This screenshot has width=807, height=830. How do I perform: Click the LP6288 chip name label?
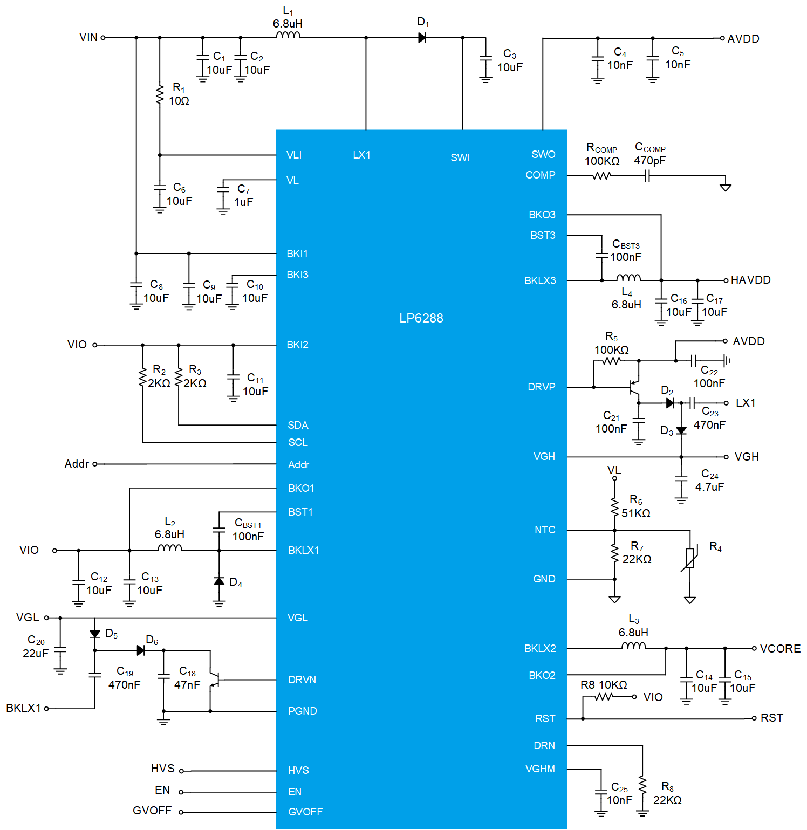click(x=421, y=318)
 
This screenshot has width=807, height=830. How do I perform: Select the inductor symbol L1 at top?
click(x=288, y=36)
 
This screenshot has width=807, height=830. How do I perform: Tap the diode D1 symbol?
click(x=422, y=38)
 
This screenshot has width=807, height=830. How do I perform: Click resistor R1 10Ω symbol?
click(x=160, y=95)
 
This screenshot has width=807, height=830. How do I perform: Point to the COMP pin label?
click(x=540, y=175)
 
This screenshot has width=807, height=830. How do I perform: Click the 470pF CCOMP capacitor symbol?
click(x=647, y=176)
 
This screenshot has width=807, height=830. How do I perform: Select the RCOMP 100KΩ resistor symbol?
click(x=601, y=176)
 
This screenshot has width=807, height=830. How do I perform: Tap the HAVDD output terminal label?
click(x=750, y=280)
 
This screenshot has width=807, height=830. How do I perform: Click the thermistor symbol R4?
click(x=690, y=558)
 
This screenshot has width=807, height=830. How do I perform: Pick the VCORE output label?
click(x=780, y=649)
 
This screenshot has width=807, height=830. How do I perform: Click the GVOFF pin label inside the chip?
click(x=305, y=812)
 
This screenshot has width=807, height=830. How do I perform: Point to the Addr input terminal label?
click(x=77, y=464)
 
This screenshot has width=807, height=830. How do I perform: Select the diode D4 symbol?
click(x=219, y=581)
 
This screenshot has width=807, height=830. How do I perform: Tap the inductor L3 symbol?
click(x=633, y=646)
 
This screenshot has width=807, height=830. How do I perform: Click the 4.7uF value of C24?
click(x=709, y=487)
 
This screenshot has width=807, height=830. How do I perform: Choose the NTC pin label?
click(x=545, y=530)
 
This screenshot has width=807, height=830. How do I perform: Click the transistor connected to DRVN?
click(x=214, y=680)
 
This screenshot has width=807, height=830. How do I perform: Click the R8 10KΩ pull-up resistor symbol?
click(x=604, y=697)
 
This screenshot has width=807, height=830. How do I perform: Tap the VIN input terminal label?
click(x=88, y=37)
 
